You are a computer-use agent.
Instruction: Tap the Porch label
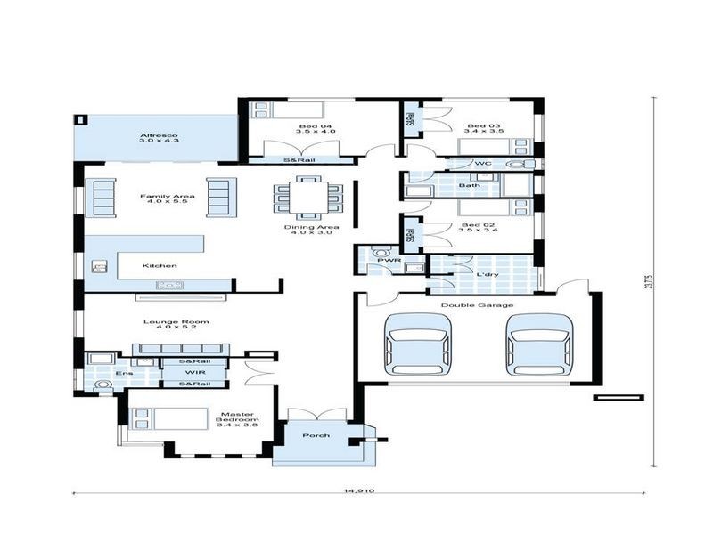316,435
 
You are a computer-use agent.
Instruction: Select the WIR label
194,372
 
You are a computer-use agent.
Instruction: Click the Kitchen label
160,265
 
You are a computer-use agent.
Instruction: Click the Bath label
470,185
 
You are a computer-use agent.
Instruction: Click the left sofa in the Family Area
101,197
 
